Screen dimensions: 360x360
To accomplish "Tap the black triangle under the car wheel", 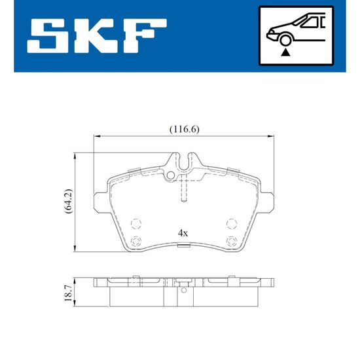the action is tap(285, 53).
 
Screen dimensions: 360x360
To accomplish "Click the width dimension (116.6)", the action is tap(185, 130).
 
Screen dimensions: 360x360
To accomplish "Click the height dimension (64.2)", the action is tap(68, 202).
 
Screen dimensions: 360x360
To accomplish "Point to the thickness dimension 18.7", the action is tap(68, 293).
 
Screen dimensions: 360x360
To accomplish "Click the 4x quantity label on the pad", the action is tap(183, 234).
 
